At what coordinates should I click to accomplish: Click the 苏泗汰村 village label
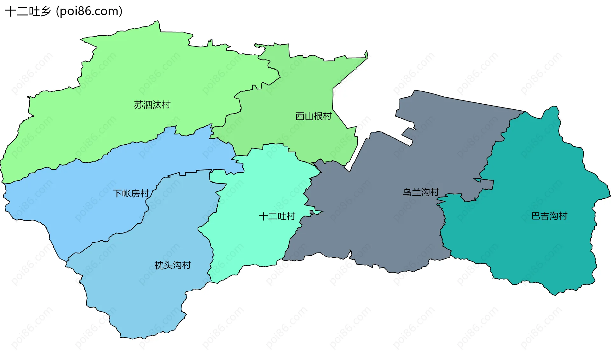[152, 105]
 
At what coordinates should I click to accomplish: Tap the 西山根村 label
[313, 116]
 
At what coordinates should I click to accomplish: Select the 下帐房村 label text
[131, 193]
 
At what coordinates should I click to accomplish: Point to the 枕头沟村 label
[172, 265]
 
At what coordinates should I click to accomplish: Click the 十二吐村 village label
[277, 217]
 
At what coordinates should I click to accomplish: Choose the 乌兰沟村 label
[421, 192]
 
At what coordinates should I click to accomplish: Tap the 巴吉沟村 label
[549, 216]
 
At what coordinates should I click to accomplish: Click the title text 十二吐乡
[28, 11]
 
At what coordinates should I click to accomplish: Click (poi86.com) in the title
[89, 11]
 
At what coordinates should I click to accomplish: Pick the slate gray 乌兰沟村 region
[382, 223]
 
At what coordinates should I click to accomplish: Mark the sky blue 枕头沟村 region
[143, 296]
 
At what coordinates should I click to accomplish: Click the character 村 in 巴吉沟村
[563, 216]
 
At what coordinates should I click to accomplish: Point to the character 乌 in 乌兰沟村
[407, 192]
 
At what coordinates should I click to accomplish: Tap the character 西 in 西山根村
[300, 116]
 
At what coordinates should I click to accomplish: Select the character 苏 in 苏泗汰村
[138, 105]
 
